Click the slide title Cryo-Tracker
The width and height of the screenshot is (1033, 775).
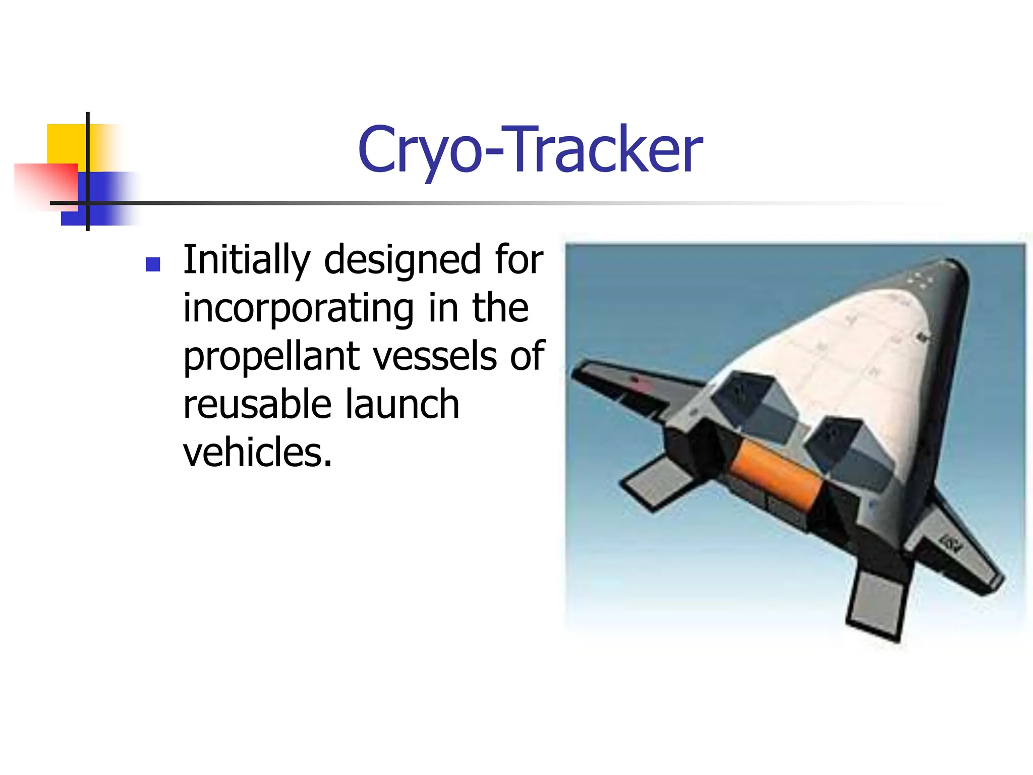pyautogui.click(x=530, y=150)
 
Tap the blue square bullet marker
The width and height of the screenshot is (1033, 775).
pyautogui.click(x=152, y=264)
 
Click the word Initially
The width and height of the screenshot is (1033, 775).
pyautogui.click(x=246, y=260)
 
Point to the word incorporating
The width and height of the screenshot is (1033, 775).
pyautogui.click(x=298, y=309)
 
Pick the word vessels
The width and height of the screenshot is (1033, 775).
pyautogui.click(x=434, y=356)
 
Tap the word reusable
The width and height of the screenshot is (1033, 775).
pyautogui.click(x=256, y=405)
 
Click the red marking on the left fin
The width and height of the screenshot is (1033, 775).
pyautogui.click(x=637, y=379)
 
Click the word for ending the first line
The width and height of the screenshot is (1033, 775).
pyautogui.click(x=519, y=260)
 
